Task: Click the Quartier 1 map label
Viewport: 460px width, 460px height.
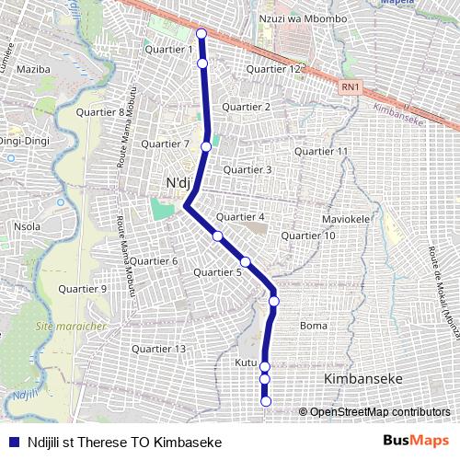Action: click(169, 50)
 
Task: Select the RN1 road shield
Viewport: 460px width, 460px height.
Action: click(349, 87)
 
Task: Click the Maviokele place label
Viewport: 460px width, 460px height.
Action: click(346, 220)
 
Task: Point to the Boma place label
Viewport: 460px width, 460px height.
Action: click(314, 326)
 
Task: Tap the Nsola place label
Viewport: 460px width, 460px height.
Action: click(27, 226)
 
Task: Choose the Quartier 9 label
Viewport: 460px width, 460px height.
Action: click(83, 289)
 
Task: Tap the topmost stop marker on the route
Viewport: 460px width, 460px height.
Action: click(201, 34)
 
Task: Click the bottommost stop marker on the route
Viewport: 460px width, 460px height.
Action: click(266, 400)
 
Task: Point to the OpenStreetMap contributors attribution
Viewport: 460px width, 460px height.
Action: click(378, 412)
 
